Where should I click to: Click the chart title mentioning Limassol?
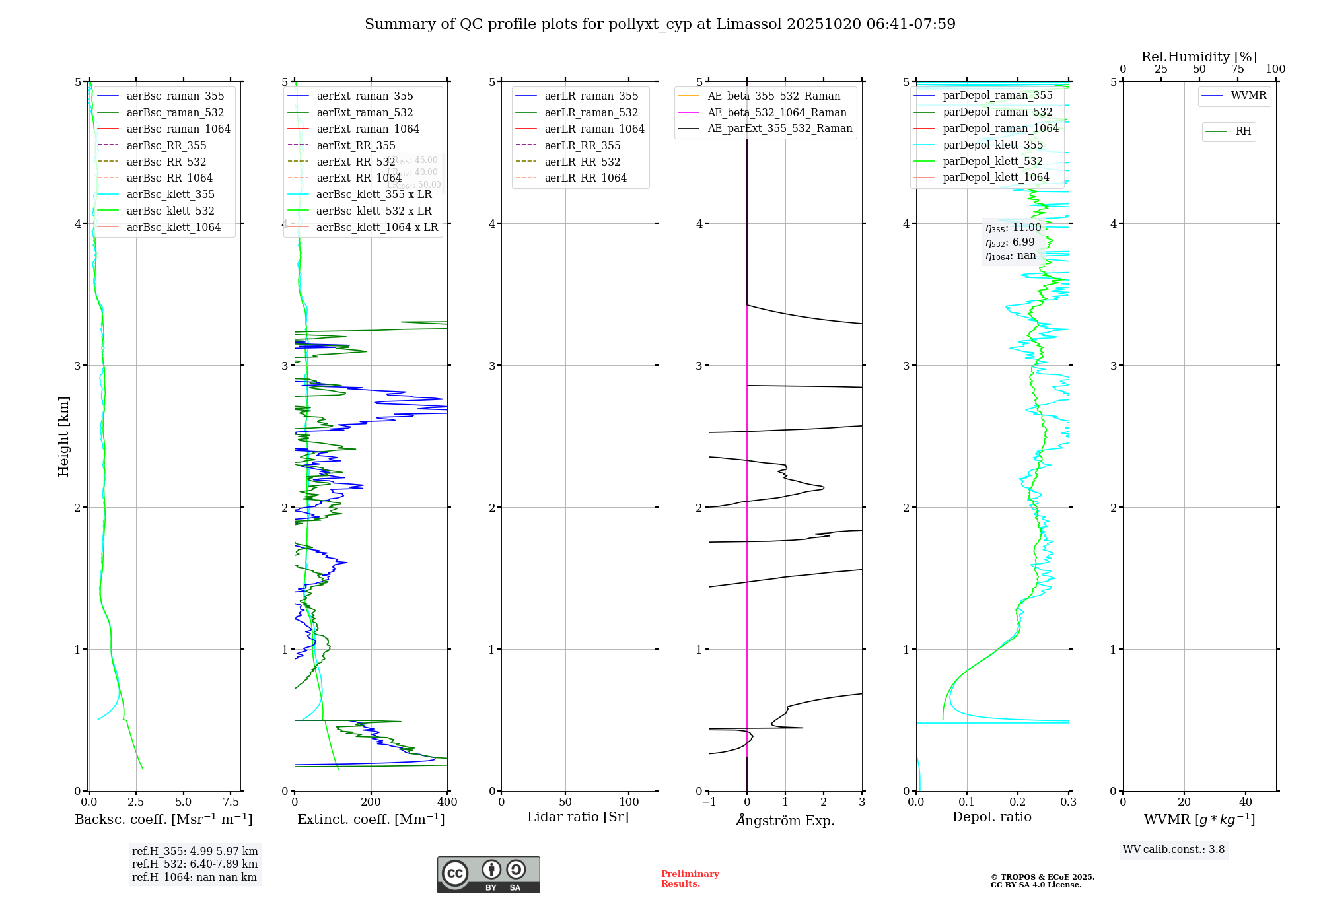tap(660, 24)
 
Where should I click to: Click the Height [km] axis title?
tap(63, 436)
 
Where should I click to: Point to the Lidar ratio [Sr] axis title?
tap(578, 817)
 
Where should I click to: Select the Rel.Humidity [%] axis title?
tap(1199, 57)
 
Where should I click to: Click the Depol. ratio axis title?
tap(991, 817)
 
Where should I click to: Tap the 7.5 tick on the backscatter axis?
tap(231, 802)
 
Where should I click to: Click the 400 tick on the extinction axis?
tap(447, 802)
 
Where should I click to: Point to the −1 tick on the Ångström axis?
tap(709, 802)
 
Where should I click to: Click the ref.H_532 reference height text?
tap(195, 864)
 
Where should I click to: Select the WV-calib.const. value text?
tap(1174, 850)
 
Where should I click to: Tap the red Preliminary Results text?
tap(690, 879)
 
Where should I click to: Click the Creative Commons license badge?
tap(488, 875)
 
